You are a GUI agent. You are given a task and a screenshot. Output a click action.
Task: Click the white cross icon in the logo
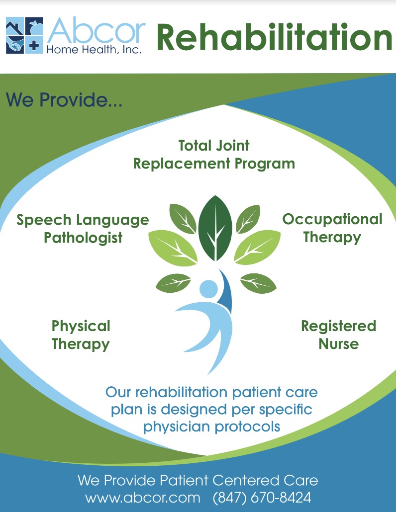coord(34,45)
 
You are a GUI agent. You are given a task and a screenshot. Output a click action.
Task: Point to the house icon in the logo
coord(15,26)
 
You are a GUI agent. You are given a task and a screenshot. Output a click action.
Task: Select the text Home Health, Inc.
coord(94,50)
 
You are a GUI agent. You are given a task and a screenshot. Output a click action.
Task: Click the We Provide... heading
coord(64,99)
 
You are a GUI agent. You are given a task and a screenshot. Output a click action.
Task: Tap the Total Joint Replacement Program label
coord(214,155)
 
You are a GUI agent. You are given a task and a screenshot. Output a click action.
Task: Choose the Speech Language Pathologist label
coord(83,229)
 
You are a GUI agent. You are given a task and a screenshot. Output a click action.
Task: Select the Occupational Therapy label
coord(332,228)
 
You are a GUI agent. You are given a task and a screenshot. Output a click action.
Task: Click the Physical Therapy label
coord(81,335)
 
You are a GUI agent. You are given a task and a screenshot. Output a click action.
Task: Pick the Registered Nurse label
coord(338,335)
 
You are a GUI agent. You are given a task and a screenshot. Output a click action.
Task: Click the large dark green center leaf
coord(215,229)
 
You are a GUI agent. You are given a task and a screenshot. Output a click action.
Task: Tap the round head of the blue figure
coord(208,289)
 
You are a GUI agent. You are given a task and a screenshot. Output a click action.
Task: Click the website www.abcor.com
coord(143,498)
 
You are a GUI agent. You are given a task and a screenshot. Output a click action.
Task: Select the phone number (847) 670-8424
coord(262,498)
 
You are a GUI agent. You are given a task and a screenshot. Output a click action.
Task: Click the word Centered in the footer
coord(246,480)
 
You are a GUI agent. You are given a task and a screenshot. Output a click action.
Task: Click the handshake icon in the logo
coord(15,45)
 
